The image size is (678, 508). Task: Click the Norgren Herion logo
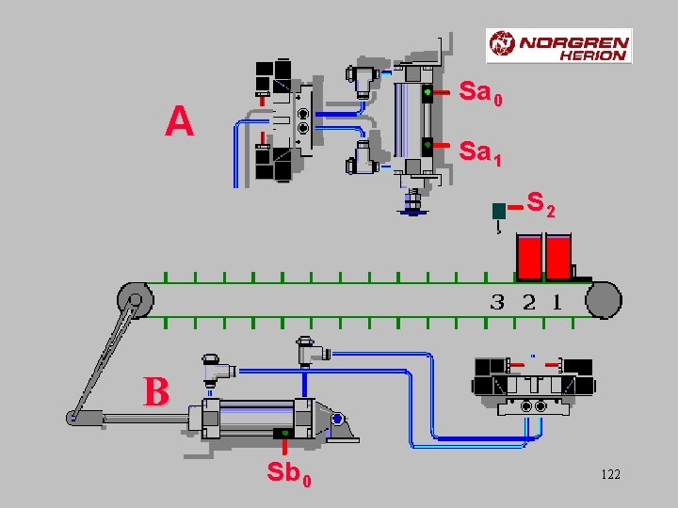pos(558,46)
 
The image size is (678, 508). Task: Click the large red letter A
pos(180,121)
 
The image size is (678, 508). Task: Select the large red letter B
pos(156,391)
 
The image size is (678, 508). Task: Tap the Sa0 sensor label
pos(480,93)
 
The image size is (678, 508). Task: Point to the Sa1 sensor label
pos(480,153)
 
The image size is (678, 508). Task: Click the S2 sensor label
pos(541,204)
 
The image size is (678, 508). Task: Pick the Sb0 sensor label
pos(289,474)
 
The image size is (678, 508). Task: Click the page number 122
pos(610,474)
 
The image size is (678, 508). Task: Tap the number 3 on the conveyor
pos(497,302)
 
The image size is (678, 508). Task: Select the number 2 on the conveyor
pos(529,302)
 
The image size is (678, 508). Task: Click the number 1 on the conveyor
pos(557,302)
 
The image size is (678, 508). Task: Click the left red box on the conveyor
pos(529,257)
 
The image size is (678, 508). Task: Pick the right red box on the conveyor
pos(558,257)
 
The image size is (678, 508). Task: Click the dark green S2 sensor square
pos(499,212)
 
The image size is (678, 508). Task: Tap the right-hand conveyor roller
pos(604,300)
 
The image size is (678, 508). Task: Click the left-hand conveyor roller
pos(136,300)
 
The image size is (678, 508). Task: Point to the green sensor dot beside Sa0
pos(428,92)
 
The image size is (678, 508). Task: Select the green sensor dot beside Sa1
pos(428,144)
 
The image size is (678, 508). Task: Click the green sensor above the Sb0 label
pos(284,434)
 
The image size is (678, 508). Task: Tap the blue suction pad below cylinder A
pos(412,212)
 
